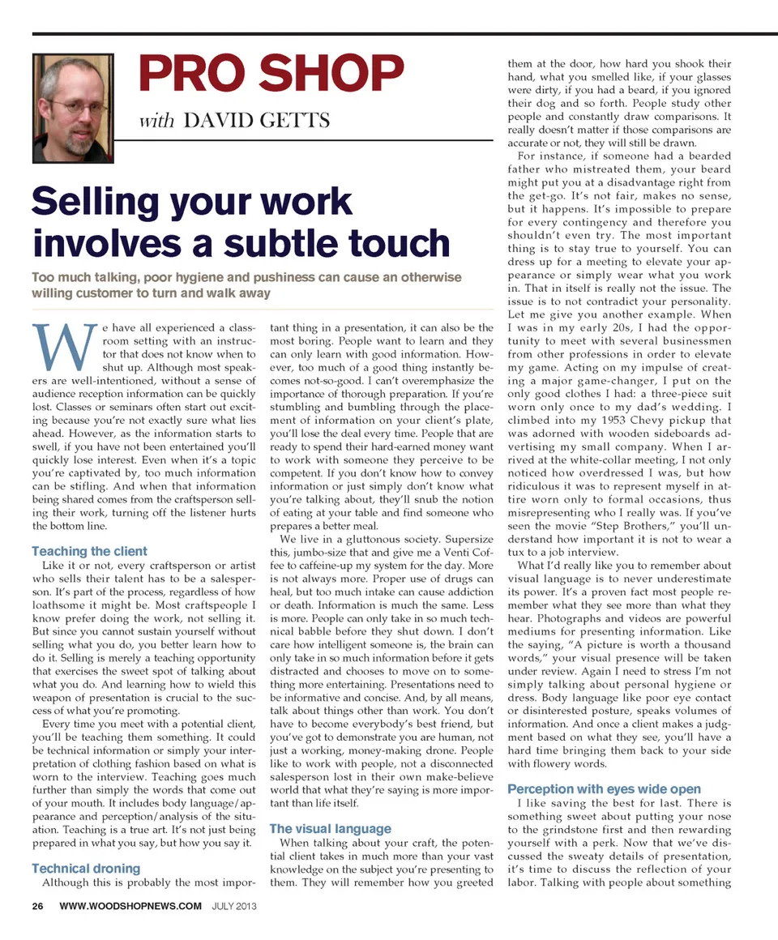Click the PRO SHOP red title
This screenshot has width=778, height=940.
pyautogui.click(x=271, y=75)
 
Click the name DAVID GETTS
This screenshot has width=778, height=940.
pyautogui.click(x=257, y=122)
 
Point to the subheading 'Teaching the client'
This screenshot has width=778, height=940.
pyautogui.click(x=89, y=552)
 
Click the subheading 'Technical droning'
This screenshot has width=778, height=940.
pyautogui.click(x=85, y=869)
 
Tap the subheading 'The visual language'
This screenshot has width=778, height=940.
pyautogui.click(x=330, y=829)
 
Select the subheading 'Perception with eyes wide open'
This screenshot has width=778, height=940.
pyautogui.click(x=604, y=788)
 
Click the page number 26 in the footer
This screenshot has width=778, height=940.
pyautogui.click(x=38, y=906)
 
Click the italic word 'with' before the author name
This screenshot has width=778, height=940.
pyautogui.click(x=156, y=122)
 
